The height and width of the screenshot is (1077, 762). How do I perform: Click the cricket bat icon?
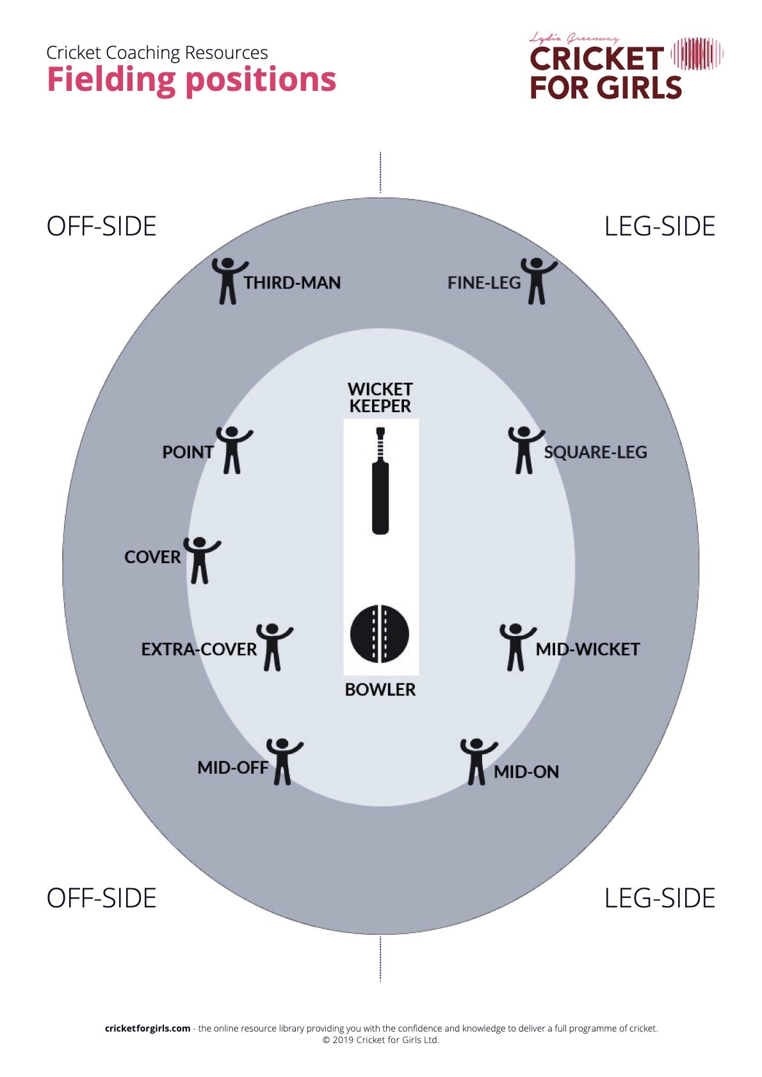tap(380, 481)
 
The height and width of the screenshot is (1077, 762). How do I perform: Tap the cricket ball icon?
tap(380, 634)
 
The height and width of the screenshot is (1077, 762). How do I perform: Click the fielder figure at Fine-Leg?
tap(538, 280)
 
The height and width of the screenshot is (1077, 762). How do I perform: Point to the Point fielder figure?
tap(233, 450)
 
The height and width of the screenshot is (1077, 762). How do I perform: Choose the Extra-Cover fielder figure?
tap(273, 647)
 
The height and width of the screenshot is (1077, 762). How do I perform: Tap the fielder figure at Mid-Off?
tap(284, 762)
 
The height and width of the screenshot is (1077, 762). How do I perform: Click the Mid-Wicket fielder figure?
tap(517, 647)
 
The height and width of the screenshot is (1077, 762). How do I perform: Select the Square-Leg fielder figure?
tap(525, 450)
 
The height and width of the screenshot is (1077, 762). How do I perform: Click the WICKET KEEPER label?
tap(380, 397)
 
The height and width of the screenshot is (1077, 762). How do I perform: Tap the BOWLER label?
tap(380, 690)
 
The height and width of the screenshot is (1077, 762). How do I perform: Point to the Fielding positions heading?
tap(191, 80)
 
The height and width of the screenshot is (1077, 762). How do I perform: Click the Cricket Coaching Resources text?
tap(157, 52)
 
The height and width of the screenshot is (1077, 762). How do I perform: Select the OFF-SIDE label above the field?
tap(101, 227)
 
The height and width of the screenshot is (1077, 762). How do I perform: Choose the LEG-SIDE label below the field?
tap(660, 898)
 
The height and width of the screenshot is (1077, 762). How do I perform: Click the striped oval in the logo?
tap(697, 54)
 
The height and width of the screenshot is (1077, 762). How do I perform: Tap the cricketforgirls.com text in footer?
tap(148, 1028)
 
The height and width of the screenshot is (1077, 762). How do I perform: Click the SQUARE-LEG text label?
tap(596, 452)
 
